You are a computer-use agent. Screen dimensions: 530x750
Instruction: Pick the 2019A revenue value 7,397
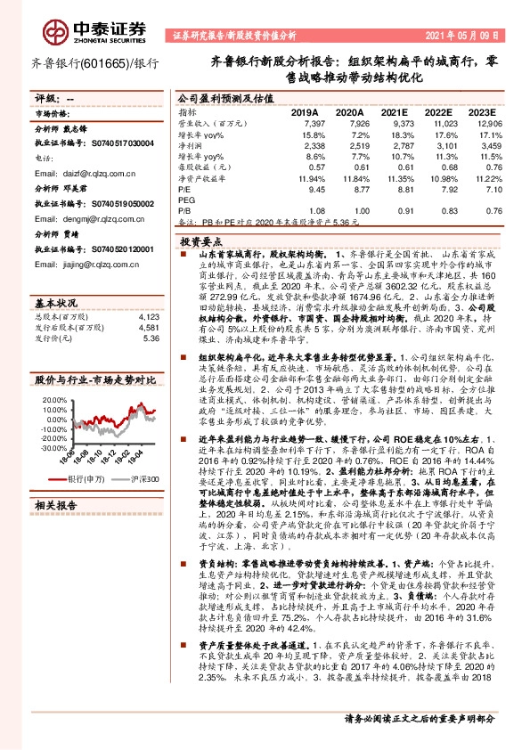click(315, 124)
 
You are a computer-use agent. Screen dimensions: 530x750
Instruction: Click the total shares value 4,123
click(148, 316)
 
